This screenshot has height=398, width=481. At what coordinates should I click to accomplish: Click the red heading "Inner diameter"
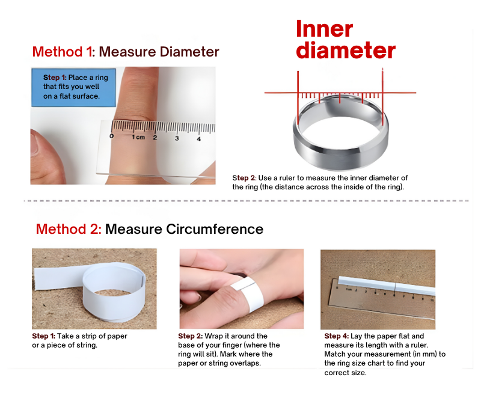346,39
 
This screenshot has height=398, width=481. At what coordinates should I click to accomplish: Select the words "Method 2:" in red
69,229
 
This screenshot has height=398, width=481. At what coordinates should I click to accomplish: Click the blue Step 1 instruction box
73,87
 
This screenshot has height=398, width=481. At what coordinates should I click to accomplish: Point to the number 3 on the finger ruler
177,138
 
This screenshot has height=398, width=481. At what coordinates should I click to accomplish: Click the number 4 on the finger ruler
199,139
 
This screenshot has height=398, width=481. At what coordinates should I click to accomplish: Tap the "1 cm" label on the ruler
138,136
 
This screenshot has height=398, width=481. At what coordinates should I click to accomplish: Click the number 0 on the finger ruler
111,135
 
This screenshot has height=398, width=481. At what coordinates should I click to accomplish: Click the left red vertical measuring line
298,98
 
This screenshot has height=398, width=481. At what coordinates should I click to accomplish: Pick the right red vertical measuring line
382,97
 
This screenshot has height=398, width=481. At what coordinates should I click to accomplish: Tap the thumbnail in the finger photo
34,143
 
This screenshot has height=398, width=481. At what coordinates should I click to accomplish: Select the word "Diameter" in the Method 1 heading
189,52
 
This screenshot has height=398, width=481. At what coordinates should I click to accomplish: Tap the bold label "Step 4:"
337,336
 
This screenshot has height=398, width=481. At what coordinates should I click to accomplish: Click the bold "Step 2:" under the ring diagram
244,178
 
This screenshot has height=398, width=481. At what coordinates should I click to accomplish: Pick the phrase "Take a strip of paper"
92,336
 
